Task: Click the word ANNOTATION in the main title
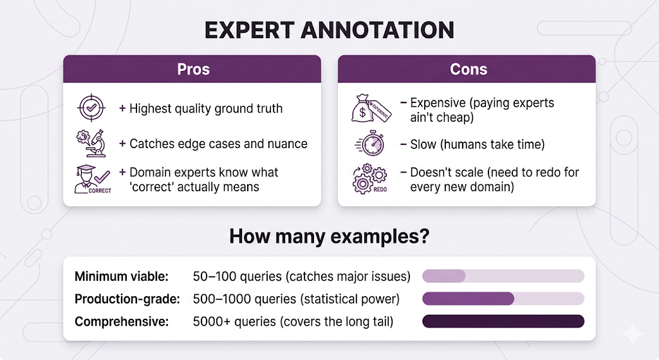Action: click(x=377, y=30)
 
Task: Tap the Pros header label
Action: click(x=193, y=70)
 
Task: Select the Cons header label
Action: click(x=469, y=70)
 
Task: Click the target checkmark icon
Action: click(x=91, y=108)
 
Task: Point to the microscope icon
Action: click(x=91, y=144)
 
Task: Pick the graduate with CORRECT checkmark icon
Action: click(x=93, y=179)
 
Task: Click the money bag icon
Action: click(x=371, y=108)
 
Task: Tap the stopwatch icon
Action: click(x=370, y=144)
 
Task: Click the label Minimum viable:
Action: click(x=122, y=276)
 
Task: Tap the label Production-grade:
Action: click(x=127, y=299)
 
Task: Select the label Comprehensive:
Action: click(x=122, y=322)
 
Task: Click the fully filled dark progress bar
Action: click(x=503, y=321)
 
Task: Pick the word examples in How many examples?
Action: click(x=376, y=237)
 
